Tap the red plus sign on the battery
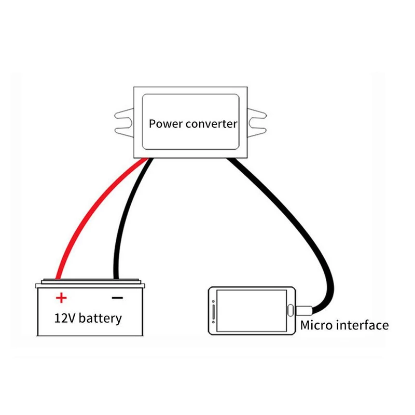(x=61, y=298)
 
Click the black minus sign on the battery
(x=117, y=298)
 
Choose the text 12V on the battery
(x=65, y=317)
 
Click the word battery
(x=101, y=317)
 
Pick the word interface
(x=363, y=325)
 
